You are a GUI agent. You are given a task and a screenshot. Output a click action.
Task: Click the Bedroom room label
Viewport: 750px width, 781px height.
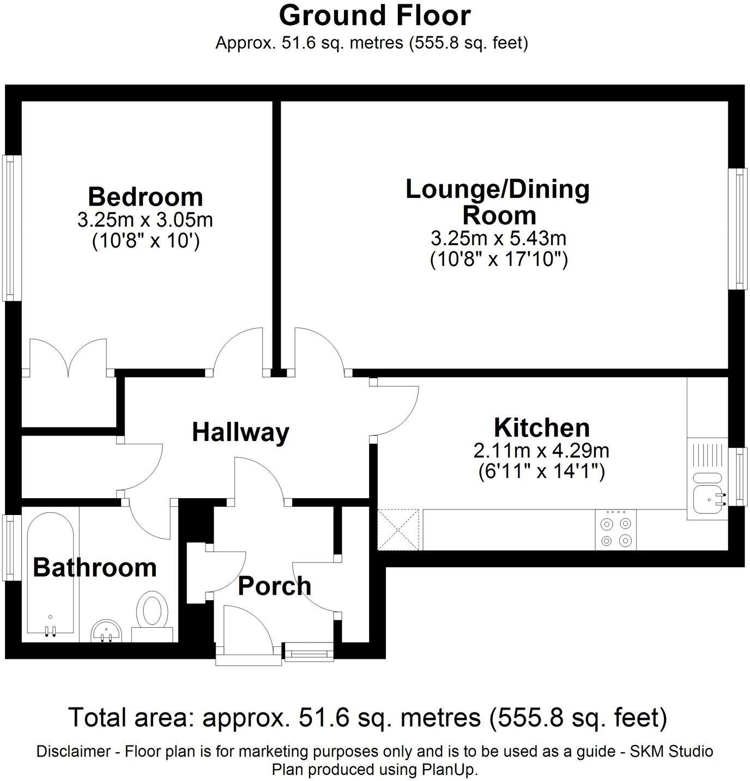tap(145, 197)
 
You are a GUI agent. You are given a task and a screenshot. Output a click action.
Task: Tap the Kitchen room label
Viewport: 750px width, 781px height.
tap(542, 428)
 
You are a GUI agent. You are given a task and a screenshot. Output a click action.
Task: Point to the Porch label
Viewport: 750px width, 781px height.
tap(274, 586)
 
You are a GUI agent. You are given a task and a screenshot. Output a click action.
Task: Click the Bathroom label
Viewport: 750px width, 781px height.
tap(95, 567)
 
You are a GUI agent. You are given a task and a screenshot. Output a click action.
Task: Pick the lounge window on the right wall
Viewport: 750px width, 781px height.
tap(739, 229)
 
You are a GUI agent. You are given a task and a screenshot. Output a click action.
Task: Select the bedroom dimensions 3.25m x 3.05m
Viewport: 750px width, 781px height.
tap(145, 220)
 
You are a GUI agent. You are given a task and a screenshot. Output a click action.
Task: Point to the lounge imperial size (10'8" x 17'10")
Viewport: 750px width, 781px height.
tap(499, 259)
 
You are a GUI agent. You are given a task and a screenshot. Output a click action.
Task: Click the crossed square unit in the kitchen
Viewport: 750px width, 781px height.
tap(398, 529)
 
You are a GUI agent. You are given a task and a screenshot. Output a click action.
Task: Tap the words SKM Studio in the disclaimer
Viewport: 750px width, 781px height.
tap(672, 752)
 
